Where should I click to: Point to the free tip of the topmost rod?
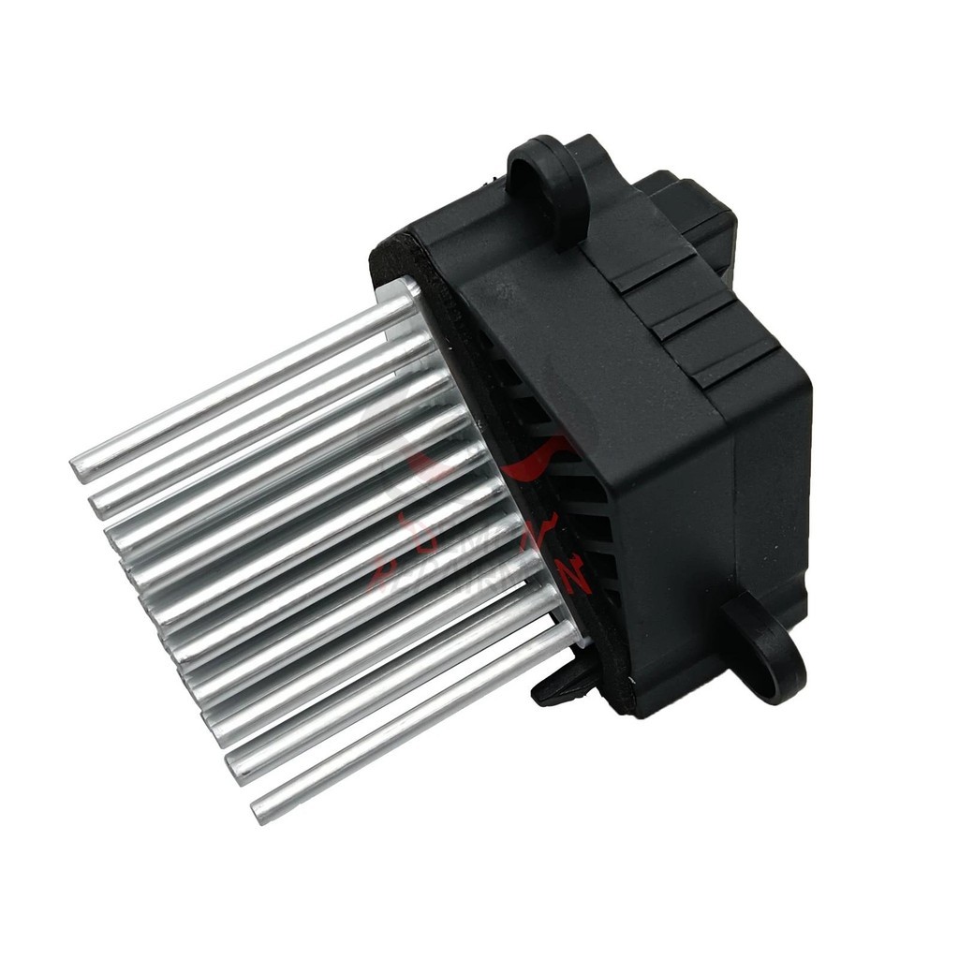coord(81,466)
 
